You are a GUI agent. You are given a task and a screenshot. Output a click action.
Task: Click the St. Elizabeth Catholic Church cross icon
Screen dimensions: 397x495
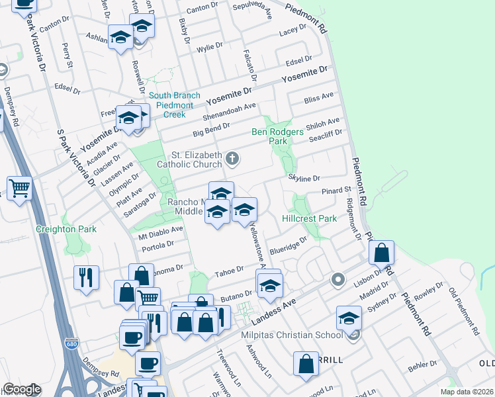tap(232, 158)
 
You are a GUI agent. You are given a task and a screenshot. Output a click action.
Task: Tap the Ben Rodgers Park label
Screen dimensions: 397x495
tap(278, 136)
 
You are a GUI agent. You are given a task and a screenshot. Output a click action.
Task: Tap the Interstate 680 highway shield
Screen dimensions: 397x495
tap(71, 345)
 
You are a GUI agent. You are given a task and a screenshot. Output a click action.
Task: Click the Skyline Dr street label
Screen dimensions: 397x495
tap(304, 178)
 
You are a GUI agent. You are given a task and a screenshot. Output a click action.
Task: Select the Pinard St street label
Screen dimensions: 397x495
tap(336, 191)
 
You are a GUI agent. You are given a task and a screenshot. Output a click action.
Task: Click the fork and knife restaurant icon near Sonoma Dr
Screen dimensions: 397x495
tap(86, 277)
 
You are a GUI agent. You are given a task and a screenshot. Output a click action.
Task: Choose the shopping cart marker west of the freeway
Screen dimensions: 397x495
tap(20, 188)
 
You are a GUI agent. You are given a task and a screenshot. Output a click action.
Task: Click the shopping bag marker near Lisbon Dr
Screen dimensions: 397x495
tap(381, 251)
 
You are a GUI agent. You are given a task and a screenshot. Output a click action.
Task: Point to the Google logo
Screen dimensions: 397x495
tap(22, 389)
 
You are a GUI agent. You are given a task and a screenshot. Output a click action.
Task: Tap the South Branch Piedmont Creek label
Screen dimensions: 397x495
tap(175, 105)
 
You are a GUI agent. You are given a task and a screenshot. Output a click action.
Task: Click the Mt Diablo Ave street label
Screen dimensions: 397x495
tap(160, 230)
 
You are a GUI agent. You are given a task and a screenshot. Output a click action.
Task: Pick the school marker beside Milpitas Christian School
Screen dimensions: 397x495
tap(348, 318)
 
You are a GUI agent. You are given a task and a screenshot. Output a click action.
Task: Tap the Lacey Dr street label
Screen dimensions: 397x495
tap(293, 30)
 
